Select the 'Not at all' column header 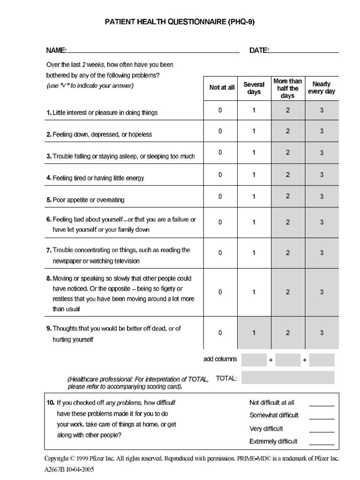click(222, 88)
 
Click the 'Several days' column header click(254, 88)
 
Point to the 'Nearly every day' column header click(322, 88)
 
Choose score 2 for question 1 click(288, 110)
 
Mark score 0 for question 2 click(220, 131)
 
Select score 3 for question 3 click(322, 153)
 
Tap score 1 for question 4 click(254, 174)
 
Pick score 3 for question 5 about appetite click(322, 196)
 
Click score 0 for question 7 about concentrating click(220, 253)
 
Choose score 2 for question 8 click(288, 292)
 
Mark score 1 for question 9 click(254, 333)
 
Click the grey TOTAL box click(288, 377)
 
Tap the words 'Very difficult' click(266, 428)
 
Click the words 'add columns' click(220, 360)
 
